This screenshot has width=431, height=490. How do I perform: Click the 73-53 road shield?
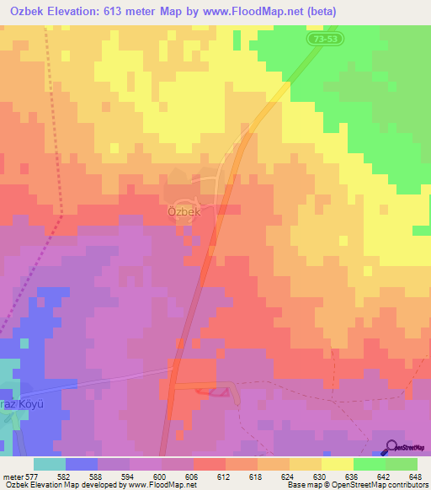click(x=322, y=40)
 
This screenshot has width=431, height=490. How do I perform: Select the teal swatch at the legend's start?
click(x=49, y=464)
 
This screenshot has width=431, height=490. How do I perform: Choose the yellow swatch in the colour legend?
click(x=337, y=464)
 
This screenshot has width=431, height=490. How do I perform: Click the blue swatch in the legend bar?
click(x=81, y=464)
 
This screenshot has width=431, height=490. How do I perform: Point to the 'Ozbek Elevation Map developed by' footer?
click(x=62, y=485)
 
